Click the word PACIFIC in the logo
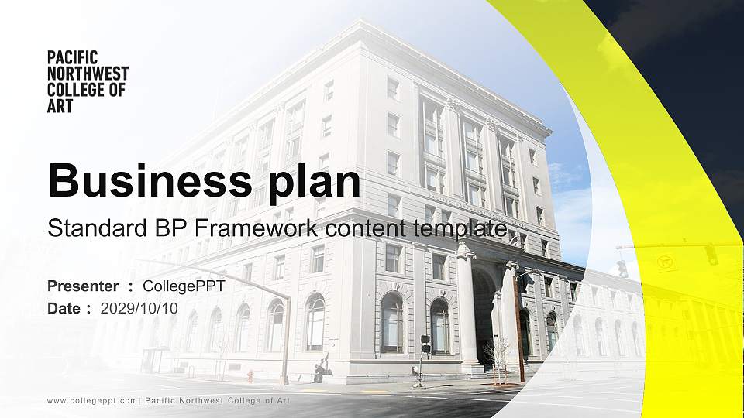(72, 57)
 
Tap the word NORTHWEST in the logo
(88, 73)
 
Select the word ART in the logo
(60, 106)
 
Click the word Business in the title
(145, 180)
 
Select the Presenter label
(83, 286)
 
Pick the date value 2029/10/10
(139, 308)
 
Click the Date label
(64, 308)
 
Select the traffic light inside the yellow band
(711, 254)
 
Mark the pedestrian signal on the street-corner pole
(425, 344)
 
